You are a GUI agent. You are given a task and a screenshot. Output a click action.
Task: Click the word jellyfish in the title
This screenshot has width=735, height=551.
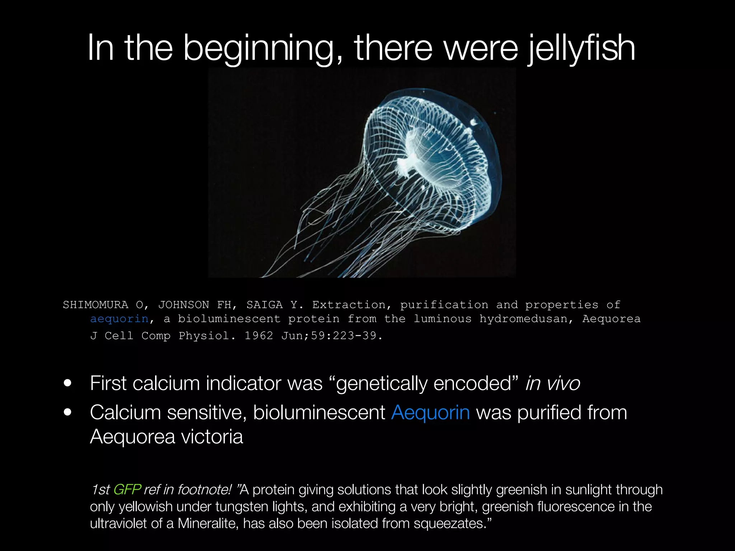click(581, 48)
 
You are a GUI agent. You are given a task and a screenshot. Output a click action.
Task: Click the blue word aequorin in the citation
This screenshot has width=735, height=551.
click(119, 319)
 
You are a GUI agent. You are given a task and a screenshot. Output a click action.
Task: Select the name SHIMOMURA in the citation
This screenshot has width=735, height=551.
click(95, 305)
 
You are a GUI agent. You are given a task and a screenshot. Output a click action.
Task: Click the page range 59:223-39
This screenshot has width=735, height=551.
click(343, 335)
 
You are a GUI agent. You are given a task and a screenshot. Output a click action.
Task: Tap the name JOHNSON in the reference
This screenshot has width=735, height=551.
click(183, 305)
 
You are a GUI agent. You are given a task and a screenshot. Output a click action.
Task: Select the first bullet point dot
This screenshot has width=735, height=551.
click(67, 383)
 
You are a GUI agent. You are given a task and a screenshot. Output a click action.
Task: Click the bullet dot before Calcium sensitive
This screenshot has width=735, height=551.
click(67, 412)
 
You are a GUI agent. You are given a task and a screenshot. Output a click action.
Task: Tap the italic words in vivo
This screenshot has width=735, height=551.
click(552, 383)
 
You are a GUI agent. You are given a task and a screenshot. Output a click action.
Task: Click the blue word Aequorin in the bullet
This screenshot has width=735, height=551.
click(430, 412)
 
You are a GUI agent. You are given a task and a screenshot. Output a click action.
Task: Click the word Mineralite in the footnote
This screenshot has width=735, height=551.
click(208, 523)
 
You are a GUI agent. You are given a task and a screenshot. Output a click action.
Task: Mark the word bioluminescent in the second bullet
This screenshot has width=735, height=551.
click(319, 412)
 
